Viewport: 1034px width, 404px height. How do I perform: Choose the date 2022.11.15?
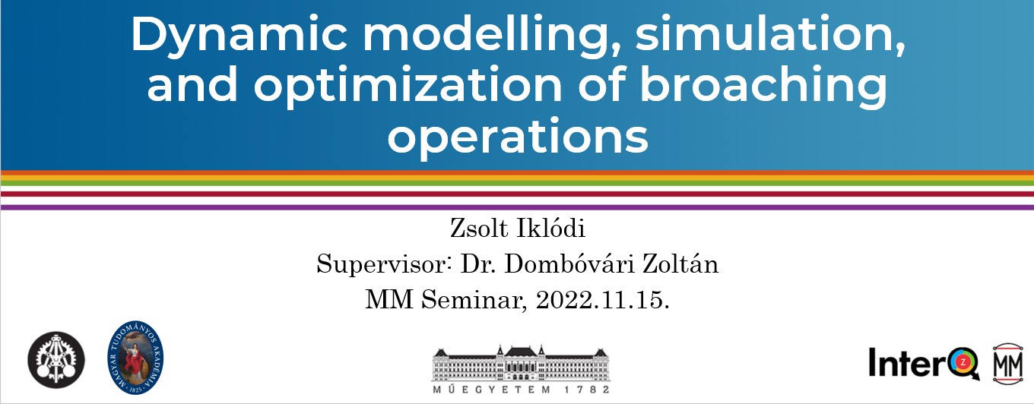click(602, 300)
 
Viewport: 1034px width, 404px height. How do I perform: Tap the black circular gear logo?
click(56, 360)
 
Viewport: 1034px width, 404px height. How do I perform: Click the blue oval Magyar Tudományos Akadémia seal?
click(135, 358)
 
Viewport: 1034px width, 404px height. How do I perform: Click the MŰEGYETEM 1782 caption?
click(521, 390)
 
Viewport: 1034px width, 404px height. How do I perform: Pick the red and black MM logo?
click(1007, 365)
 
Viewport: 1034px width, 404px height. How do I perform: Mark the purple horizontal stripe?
click(517, 207)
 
